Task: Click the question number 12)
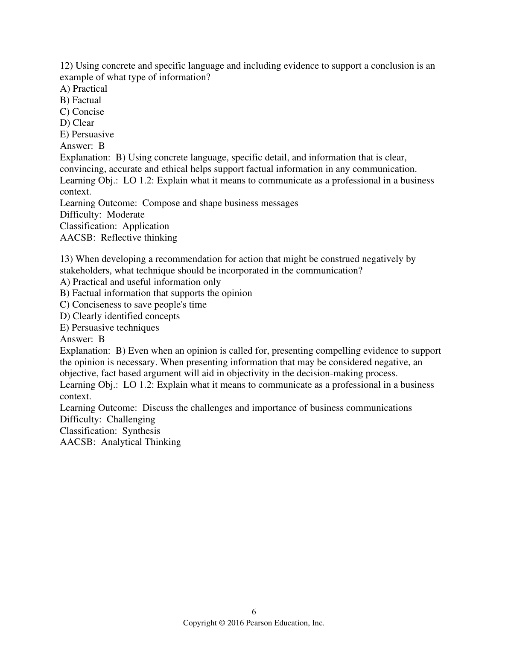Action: tap(66, 66)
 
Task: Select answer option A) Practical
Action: tap(83, 89)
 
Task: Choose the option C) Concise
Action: tap(82, 112)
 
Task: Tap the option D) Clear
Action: tap(77, 123)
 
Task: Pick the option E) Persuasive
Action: tap(87, 134)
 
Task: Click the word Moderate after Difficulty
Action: tap(126, 215)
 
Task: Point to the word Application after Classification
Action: tap(146, 226)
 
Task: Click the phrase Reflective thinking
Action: tap(139, 238)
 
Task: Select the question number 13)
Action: tap(66, 259)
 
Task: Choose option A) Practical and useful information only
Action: tap(140, 282)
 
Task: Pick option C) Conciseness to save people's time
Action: tap(133, 305)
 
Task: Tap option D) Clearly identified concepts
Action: tap(120, 316)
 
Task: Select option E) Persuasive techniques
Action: tap(109, 328)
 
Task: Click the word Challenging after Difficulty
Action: tap(131, 419)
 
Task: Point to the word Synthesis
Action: tap(141, 431)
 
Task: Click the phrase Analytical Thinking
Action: tap(141, 442)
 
